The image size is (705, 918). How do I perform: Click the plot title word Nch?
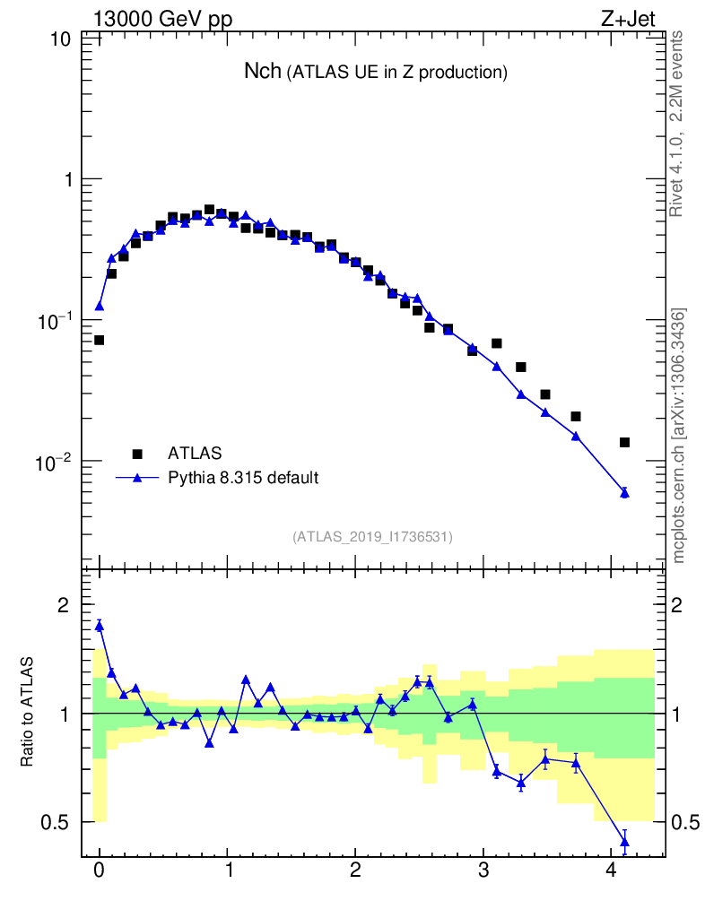click(x=262, y=72)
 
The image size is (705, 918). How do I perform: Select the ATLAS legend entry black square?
click(x=137, y=454)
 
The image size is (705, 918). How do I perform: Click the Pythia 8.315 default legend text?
click(x=242, y=478)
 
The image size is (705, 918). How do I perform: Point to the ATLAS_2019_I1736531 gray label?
click(x=372, y=537)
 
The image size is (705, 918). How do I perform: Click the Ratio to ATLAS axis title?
click(x=28, y=713)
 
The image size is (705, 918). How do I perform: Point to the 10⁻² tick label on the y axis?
click(x=54, y=461)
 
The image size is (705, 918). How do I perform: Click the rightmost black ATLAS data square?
click(x=624, y=442)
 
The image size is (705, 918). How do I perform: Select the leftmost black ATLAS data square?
click(x=99, y=340)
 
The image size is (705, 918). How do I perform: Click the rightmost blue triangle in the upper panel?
click(x=624, y=492)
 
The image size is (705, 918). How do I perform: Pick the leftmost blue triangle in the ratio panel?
click(x=99, y=626)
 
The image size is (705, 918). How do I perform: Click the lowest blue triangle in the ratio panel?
click(x=624, y=841)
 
